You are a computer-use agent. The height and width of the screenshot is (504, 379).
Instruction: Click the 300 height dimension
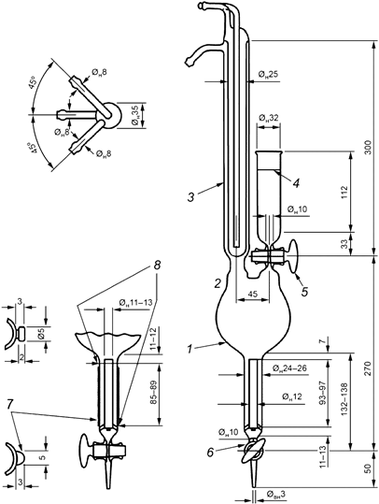click(368, 150)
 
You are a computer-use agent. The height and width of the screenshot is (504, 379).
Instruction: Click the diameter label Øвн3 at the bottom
click(268, 493)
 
